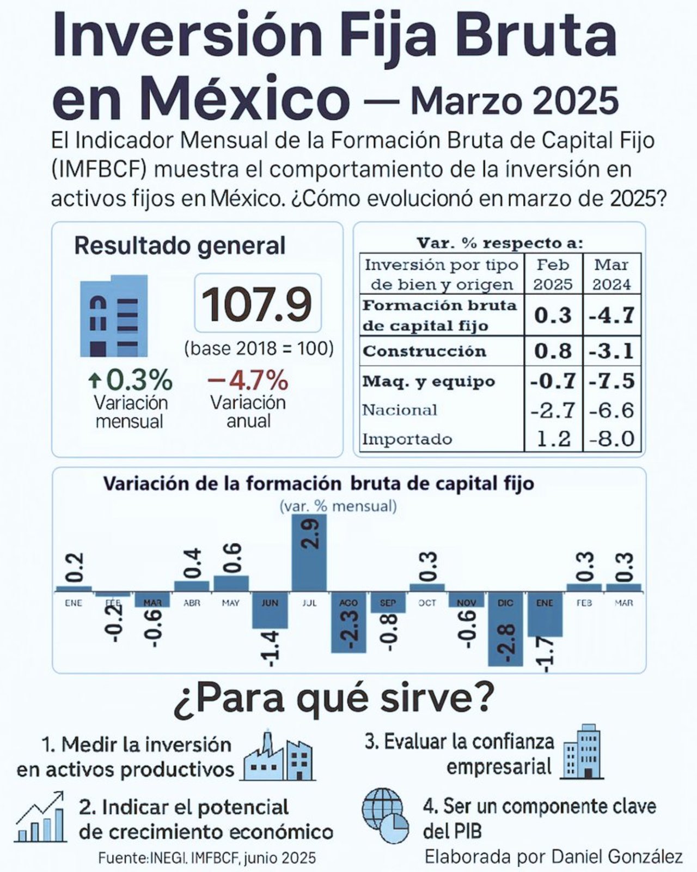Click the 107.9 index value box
point(258,303)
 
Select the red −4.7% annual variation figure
point(248,380)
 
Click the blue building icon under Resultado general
point(114,316)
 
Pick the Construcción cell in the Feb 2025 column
point(553,351)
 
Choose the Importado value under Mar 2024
point(612,439)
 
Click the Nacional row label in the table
point(400,410)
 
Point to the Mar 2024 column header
point(612,274)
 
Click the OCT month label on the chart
point(427,603)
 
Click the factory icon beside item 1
point(279,756)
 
